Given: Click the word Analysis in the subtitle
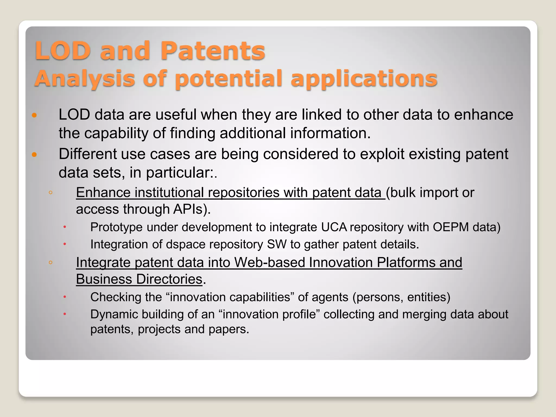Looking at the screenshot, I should click(85, 79).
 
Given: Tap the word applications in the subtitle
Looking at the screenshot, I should click(364, 79).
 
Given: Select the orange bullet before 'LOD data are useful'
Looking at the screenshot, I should click(34, 115).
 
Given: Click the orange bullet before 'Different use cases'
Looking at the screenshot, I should click(34, 155).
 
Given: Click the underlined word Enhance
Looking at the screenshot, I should click(103, 193).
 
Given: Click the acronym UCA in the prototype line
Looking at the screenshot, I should click(334, 227).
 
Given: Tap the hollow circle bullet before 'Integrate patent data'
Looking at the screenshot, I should click(50, 263).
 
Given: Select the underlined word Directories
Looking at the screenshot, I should click(169, 279).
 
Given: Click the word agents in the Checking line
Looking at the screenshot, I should click(330, 297).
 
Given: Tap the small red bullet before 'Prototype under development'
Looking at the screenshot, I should click(65, 227).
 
